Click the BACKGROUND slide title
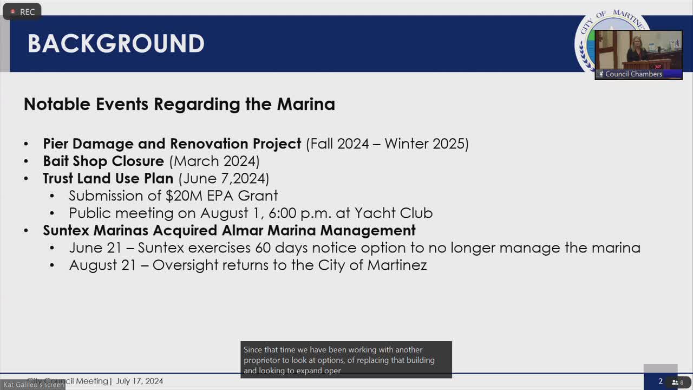[116, 44]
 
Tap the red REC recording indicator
[22, 12]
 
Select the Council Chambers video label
[633, 74]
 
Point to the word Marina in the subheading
[306, 104]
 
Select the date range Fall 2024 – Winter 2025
[387, 144]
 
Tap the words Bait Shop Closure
[103, 161]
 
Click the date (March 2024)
[214, 161]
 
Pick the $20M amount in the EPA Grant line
[185, 196]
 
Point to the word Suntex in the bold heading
[66, 230]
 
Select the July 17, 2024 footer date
[139, 381]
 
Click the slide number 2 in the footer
[660, 381]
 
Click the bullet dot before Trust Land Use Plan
[27, 178]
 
